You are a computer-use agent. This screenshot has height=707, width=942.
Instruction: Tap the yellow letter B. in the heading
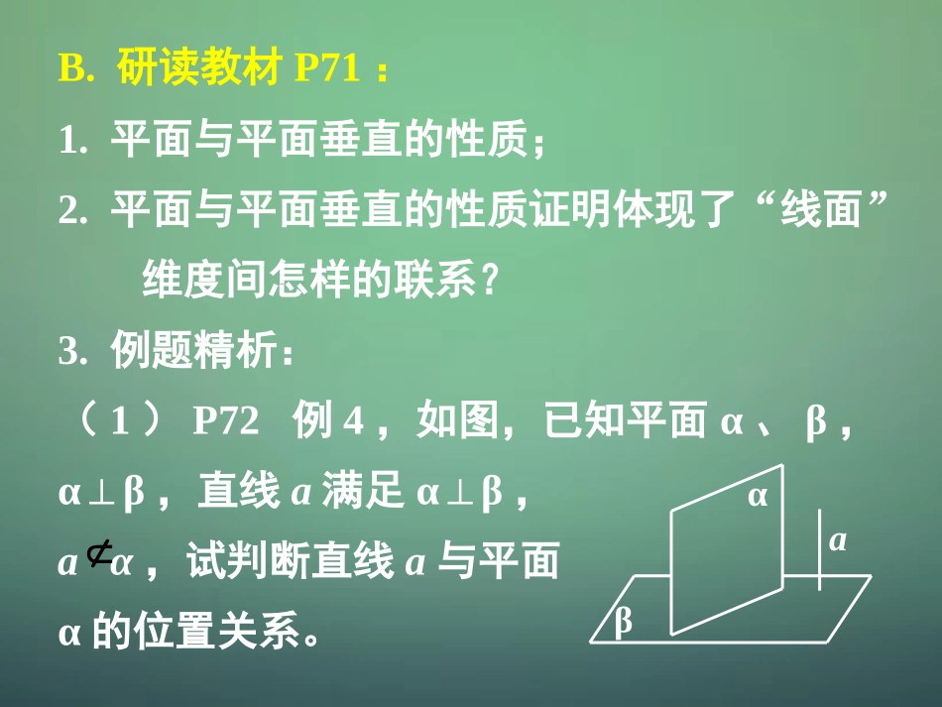pos(76,71)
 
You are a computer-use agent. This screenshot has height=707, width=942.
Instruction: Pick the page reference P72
pos(225,422)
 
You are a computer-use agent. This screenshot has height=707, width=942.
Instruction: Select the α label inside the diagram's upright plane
pos(758,496)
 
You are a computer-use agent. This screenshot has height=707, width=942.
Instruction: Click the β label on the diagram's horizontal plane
pos(624,621)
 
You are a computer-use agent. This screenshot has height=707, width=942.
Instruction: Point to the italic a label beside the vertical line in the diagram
pos(838,540)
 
